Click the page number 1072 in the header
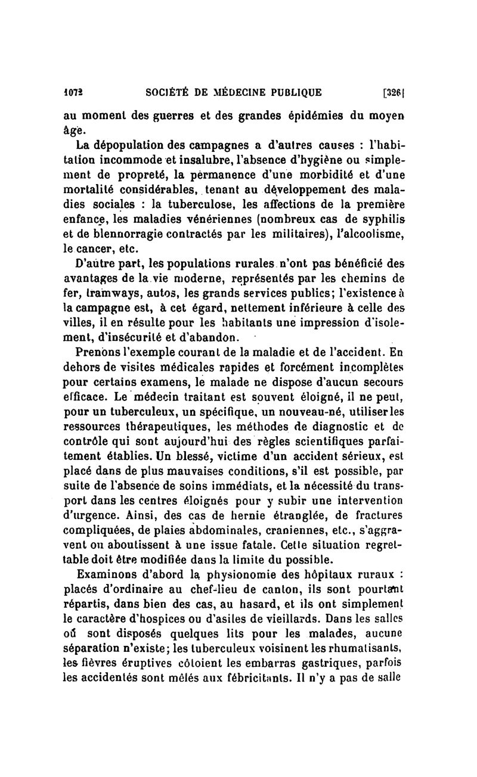73,92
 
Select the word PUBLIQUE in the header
294,92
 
